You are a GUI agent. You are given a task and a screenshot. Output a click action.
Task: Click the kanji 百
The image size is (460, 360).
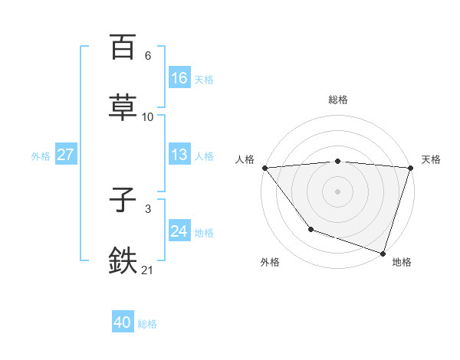click(123, 47)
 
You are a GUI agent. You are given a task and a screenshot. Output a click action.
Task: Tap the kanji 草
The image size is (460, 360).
click(123, 108)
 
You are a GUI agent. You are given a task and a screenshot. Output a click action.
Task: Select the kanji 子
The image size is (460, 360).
click(123, 200)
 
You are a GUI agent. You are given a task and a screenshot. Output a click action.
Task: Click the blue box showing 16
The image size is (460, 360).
click(179, 78)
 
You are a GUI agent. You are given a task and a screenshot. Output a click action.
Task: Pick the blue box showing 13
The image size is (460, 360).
click(179, 155)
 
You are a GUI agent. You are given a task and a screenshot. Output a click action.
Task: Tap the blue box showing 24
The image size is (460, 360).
click(179, 231)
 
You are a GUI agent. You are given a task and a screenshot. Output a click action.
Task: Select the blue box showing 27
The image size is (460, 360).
click(65, 155)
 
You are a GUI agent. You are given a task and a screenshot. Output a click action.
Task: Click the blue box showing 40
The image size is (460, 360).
click(123, 323)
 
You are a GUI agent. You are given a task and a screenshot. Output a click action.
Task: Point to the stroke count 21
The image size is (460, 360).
click(148, 270)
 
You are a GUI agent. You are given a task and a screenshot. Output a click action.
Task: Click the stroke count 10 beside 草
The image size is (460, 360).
click(148, 117)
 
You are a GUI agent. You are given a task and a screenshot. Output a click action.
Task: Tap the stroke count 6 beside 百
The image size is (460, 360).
click(148, 56)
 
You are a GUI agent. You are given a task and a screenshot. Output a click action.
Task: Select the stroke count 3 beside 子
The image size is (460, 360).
click(148, 209)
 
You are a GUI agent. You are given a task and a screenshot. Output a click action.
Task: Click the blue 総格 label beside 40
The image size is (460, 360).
click(147, 324)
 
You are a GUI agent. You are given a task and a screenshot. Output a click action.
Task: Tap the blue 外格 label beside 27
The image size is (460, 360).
click(41, 155)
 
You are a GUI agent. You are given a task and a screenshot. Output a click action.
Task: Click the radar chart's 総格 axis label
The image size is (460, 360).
click(338, 100)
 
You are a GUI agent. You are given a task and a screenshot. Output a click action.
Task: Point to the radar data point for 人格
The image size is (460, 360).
click(264, 168)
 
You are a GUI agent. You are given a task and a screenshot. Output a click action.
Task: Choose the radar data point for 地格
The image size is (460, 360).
click(383, 253)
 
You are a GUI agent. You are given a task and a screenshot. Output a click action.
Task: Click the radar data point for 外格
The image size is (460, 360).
click(310, 229)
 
